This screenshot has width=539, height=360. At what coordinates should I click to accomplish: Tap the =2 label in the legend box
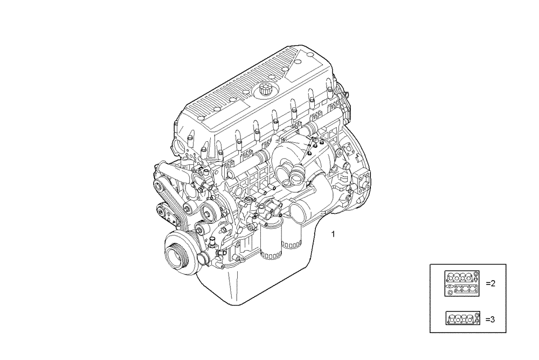tap(490, 283)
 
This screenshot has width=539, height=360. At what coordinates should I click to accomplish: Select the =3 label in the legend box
tap(490, 320)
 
